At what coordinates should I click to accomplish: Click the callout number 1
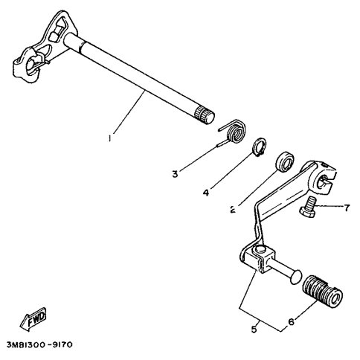click(x=109, y=138)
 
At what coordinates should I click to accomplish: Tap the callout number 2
click(x=233, y=210)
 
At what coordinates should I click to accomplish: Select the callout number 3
click(x=175, y=174)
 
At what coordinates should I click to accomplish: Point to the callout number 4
click(x=206, y=193)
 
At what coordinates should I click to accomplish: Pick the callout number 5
click(x=254, y=330)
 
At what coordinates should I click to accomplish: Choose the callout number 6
click(x=291, y=321)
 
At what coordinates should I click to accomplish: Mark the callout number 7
click(x=347, y=208)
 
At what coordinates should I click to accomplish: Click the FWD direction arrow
click(x=33, y=319)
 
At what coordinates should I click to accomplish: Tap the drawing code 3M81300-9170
click(x=39, y=344)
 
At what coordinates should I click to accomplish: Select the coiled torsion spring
click(x=234, y=132)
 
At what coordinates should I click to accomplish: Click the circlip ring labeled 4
click(x=260, y=147)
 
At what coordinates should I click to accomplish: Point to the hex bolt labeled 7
click(x=308, y=207)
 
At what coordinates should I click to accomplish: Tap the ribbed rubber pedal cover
click(x=323, y=292)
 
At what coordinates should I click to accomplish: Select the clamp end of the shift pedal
click(x=323, y=177)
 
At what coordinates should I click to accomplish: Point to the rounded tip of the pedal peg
click(x=296, y=277)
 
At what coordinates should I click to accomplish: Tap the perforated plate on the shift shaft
click(x=45, y=46)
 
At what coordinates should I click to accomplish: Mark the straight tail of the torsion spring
click(x=222, y=144)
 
